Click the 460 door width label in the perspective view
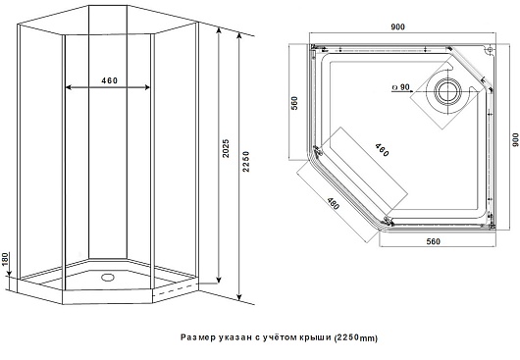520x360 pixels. click(110, 80)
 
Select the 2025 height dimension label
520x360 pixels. click(226, 148)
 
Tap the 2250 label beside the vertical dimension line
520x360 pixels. click(246, 162)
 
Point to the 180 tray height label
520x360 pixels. click(5, 259)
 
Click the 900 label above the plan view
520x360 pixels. click(397, 26)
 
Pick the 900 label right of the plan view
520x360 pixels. click(515, 139)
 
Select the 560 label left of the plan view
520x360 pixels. click(294, 103)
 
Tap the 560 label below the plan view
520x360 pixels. click(433, 241)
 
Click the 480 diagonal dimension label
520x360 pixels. click(333, 203)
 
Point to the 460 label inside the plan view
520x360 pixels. click(382, 150)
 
